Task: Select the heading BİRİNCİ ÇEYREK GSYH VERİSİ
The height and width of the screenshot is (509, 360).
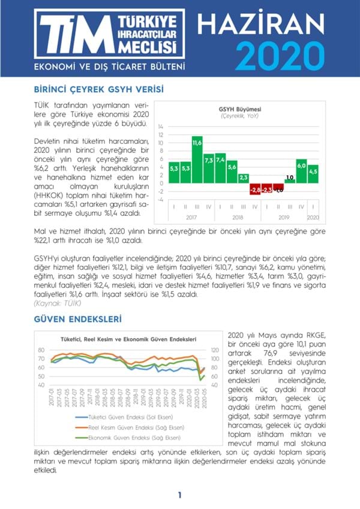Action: (x=99, y=90)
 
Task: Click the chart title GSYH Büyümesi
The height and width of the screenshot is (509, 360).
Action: (x=234, y=109)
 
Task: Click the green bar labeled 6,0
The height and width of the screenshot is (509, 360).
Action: (x=302, y=170)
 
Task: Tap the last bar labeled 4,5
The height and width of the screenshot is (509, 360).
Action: (x=313, y=173)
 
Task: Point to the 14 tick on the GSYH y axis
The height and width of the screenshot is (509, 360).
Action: (x=160, y=127)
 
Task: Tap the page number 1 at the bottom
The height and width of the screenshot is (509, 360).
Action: (x=179, y=495)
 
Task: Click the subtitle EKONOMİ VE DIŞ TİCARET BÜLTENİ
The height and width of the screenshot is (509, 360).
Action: (x=109, y=65)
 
